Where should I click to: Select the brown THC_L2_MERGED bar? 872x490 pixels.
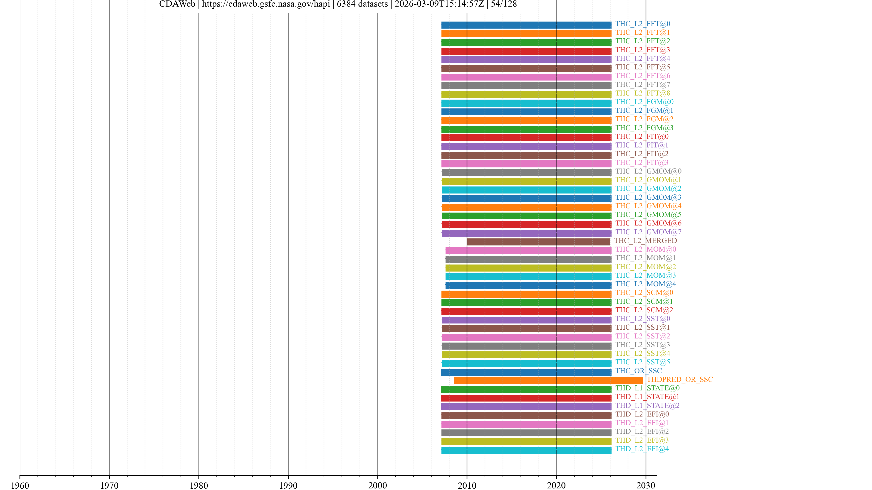(538, 242)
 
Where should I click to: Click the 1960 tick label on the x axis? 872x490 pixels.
(20, 485)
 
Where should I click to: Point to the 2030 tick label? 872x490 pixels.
(646, 485)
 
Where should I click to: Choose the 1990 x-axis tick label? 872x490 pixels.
(288, 485)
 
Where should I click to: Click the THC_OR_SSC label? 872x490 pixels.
(638, 371)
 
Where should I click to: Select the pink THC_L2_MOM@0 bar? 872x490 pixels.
(528, 251)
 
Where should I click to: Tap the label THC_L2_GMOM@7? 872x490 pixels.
(648, 232)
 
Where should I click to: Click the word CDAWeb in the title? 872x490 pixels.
(177, 4)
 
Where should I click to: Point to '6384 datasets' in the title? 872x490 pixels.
(362, 4)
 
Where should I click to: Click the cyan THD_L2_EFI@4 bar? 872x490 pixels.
(526, 450)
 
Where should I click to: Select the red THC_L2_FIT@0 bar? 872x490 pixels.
(526, 138)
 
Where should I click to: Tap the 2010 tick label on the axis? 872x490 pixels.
(467, 485)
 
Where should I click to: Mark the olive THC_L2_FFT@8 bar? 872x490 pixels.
(526, 94)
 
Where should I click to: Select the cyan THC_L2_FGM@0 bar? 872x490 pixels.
(526, 103)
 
